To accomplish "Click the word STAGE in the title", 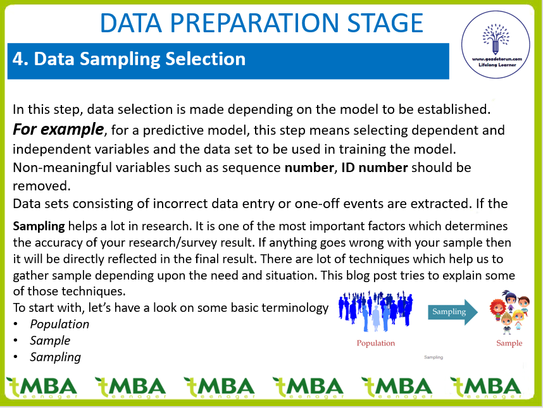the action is click(x=385, y=23).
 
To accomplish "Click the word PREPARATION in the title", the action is click(x=254, y=23).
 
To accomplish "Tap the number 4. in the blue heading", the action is click(x=20, y=59).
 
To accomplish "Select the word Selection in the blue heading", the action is click(x=205, y=59).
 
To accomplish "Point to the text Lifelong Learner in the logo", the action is click(x=497, y=65).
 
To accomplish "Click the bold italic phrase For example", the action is click(x=58, y=130).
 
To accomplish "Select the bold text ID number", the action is click(x=375, y=168).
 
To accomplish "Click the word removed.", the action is click(x=42, y=186).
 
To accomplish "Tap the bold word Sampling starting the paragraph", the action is click(x=39, y=226).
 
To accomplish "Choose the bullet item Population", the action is click(x=59, y=325).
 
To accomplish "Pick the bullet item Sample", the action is click(x=50, y=341).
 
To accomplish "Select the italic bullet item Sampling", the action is click(x=56, y=357).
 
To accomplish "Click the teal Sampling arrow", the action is click(x=453, y=312).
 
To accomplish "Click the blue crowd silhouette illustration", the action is click(x=376, y=311).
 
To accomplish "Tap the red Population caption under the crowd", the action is click(x=376, y=343).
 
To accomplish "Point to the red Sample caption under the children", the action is click(x=509, y=343).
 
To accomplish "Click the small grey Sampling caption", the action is click(x=434, y=357).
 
